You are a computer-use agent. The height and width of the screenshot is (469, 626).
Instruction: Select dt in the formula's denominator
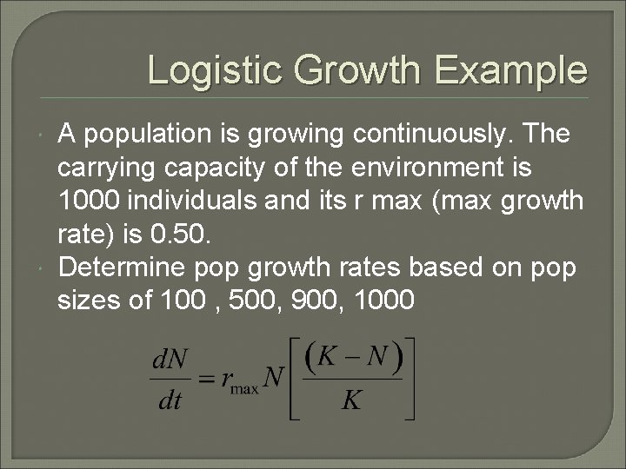coord(168,400)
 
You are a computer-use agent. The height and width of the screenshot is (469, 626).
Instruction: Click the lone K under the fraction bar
coord(352,400)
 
